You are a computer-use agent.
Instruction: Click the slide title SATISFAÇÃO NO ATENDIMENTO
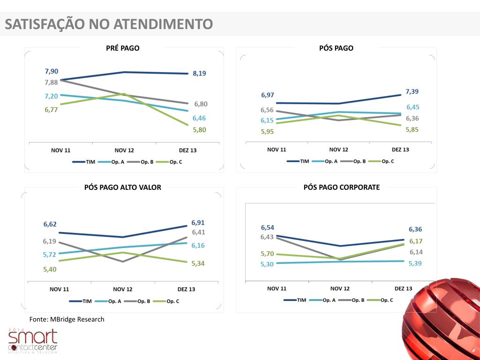(109, 24)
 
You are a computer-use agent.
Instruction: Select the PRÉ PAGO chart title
(123, 48)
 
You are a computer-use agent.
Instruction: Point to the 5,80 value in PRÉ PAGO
(199, 130)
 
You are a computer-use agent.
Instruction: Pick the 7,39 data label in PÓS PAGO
(412, 91)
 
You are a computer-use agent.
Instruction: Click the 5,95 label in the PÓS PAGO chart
(268, 132)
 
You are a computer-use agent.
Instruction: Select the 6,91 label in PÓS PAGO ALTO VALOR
(198, 223)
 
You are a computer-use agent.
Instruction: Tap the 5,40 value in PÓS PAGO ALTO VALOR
(50, 269)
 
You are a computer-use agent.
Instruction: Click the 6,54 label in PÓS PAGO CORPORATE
(268, 227)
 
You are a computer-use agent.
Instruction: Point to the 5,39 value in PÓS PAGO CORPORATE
(415, 263)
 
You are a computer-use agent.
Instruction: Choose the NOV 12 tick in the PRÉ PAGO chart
(124, 150)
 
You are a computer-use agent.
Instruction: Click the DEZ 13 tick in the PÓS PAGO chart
(400, 150)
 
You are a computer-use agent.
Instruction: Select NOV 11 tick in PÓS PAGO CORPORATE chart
(277, 288)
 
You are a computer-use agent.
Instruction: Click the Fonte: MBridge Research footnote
(67, 319)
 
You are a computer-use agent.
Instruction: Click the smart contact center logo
(33, 341)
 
